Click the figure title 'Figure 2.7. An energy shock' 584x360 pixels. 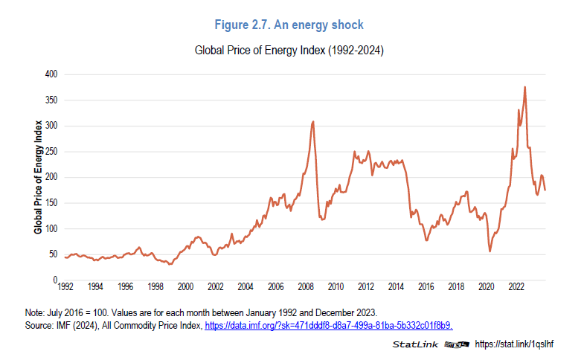(289, 25)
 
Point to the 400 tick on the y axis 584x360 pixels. (51, 74)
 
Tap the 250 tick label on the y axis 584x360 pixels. (51, 151)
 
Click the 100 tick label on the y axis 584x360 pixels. (51, 228)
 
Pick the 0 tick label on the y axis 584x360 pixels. (55, 280)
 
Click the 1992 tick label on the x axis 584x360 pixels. (65, 286)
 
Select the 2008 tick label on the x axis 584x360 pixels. (305, 286)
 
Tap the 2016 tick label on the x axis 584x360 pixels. (426, 286)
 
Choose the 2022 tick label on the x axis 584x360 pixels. (516, 286)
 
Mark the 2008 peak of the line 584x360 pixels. (313, 121)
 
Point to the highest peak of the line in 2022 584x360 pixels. (525, 87)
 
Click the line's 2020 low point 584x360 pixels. (490, 251)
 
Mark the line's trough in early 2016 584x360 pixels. (427, 240)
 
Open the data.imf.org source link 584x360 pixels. (329, 326)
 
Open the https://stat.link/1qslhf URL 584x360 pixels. (515, 344)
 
